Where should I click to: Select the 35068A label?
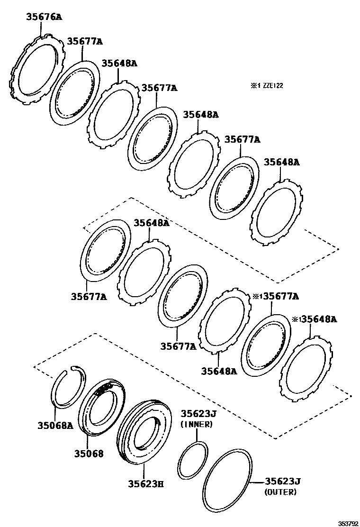coord(55,425)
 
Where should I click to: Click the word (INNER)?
coord(197,424)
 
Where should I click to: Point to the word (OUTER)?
coord(280,492)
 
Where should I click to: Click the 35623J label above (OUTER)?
coord(283,482)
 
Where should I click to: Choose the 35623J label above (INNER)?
coord(197,414)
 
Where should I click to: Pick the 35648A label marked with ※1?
coord(318,319)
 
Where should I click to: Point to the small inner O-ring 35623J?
coord(193,461)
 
